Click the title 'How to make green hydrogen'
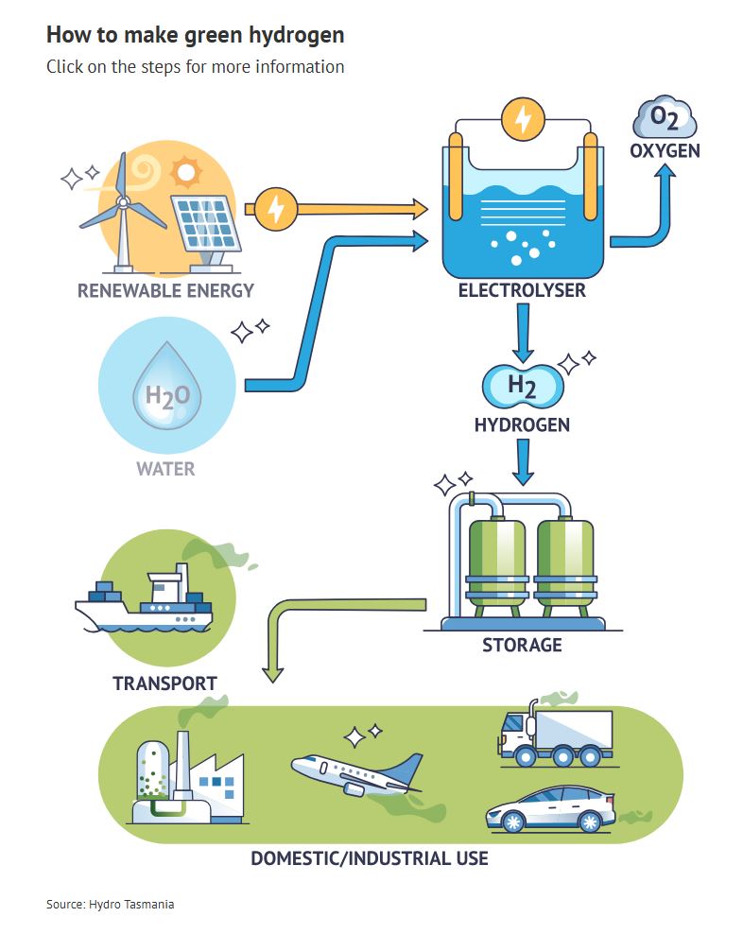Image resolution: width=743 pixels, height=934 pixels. [x=195, y=36]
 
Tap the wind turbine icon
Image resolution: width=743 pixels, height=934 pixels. [x=122, y=213]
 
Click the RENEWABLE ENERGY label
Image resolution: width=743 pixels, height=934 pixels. [x=165, y=290]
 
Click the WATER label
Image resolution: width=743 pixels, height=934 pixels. [x=165, y=469]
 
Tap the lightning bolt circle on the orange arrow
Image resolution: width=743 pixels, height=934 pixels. [x=276, y=208]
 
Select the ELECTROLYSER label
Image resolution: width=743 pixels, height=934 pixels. [x=522, y=290]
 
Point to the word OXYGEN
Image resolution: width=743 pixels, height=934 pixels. [x=665, y=151]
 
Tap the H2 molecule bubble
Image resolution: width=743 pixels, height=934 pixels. [x=523, y=385]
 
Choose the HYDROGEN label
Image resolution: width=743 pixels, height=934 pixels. [x=522, y=425]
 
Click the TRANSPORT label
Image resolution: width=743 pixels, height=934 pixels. [x=164, y=683]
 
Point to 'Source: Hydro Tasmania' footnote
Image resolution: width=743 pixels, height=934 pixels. [x=111, y=905]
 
